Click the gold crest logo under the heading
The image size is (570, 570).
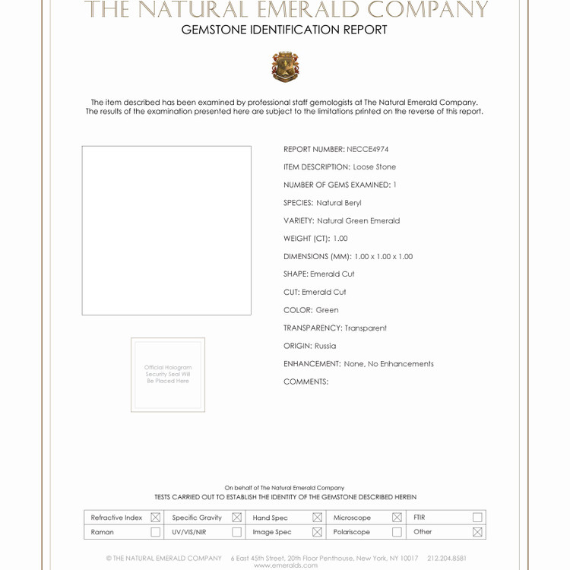[285, 67]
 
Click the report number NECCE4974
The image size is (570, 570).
[367, 150]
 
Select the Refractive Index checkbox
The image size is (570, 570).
[155, 518]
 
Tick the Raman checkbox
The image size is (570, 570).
[155, 532]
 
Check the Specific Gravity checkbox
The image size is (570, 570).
[236, 518]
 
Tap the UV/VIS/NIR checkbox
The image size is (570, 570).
[236, 532]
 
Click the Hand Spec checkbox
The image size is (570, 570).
[317, 518]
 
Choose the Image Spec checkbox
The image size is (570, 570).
[317, 532]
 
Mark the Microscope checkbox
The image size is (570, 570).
[397, 518]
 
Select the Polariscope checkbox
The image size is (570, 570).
[397, 532]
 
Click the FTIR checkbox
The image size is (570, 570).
[477, 518]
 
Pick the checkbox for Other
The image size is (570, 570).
[477, 532]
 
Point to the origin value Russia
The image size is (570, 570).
[325, 346]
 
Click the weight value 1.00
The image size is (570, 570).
[340, 239]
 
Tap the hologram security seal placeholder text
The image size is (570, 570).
[168, 374]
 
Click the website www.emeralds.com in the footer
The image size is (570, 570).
[286, 565]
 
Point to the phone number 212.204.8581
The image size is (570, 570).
[447, 558]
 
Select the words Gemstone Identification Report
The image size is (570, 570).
[284, 30]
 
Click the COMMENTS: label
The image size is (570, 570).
[306, 382]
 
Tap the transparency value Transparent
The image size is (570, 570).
[366, 328]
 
